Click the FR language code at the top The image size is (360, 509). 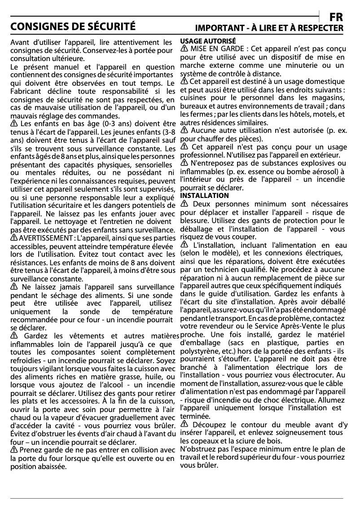pos(336,17)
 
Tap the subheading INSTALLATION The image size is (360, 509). pos(204,196)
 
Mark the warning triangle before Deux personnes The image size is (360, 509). pos(184,204)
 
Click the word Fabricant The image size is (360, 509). pos(25,92)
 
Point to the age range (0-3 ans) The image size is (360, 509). pos(119,124)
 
